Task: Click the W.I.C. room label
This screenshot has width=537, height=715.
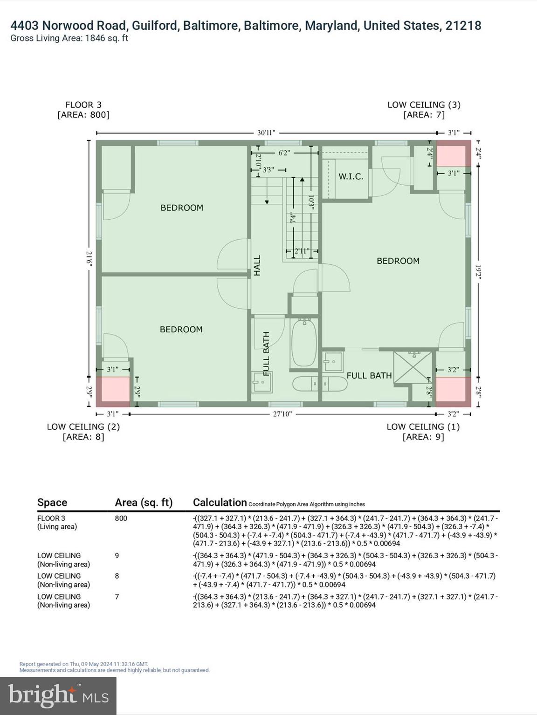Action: (351, 177)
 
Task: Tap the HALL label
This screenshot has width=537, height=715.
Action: (257, 265)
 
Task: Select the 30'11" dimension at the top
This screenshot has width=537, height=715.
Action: (266, 133)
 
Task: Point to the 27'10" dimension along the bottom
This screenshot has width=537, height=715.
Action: (282, 413)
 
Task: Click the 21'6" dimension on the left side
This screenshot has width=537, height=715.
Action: (89, 259)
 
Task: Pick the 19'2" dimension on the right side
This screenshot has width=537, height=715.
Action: (478, 272)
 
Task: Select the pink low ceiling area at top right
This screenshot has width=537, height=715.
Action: (451, 155)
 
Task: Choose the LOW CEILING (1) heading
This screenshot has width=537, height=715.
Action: (423, 426)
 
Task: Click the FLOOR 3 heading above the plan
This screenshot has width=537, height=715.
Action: (83, 105)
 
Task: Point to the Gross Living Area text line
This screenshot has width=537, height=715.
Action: (69, 38)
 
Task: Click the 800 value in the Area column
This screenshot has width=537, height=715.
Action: (121, 518)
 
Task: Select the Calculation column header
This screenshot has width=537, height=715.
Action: (220, 502)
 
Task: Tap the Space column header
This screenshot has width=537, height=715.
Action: (52, 502)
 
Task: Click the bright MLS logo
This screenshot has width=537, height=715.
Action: (58, 695)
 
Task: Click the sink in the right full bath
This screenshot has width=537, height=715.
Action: (333, 361)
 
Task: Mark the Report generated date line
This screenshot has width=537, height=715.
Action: (84, 664)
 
